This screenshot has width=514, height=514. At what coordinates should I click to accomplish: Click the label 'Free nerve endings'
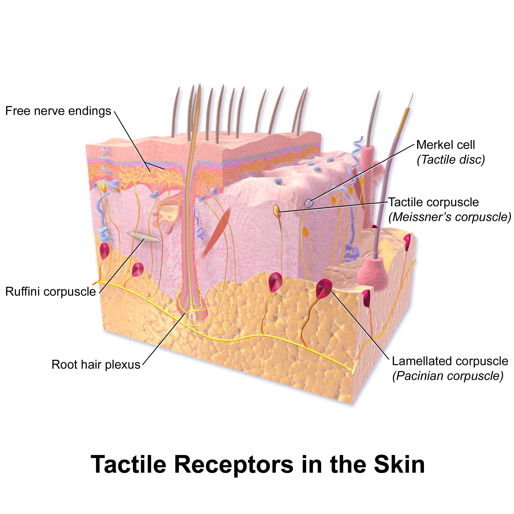click(x=58, y=111)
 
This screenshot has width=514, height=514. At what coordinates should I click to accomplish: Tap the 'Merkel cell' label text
click(x=445, y=145)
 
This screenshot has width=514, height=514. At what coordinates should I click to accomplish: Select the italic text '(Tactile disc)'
click(x=451, y=160)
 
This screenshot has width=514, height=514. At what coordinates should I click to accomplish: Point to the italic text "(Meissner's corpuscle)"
click(x=450, y=217)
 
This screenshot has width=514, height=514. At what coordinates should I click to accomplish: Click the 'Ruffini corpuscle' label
click(x=51, y=292)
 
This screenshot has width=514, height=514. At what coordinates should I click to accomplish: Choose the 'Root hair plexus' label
click(x=96, y=365)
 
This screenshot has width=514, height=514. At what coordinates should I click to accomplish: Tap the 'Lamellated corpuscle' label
click(x=450, y=361)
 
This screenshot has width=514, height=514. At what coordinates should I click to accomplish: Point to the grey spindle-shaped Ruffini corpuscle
click(x=144, y=237)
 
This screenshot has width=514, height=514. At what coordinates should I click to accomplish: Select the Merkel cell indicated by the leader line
click(x=309, y=204)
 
